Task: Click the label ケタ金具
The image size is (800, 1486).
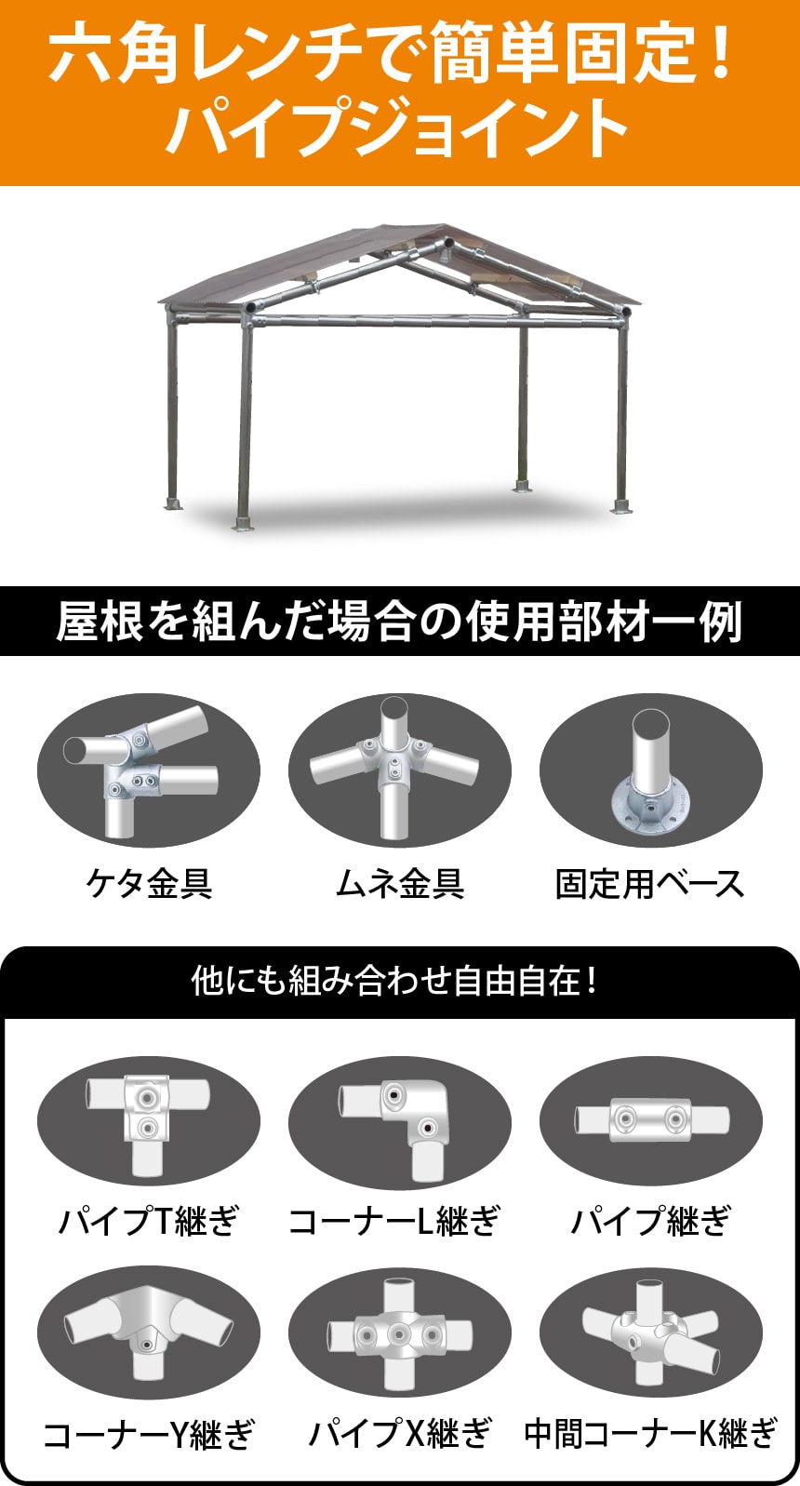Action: (149, 883)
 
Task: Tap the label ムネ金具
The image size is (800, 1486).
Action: (400, 883)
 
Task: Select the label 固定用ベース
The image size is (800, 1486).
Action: (650, 883)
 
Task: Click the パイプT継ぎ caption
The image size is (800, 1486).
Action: (149, 1220)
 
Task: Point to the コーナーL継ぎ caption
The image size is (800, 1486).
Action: (395, 1220)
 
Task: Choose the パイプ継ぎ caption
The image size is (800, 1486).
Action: (650, 1220)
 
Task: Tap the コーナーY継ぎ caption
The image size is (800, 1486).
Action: (149, 1434)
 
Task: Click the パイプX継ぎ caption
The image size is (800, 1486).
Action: (400, 1434)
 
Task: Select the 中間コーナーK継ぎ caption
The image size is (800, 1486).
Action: (650, 1434)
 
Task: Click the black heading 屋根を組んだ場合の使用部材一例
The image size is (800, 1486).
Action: (400, 622)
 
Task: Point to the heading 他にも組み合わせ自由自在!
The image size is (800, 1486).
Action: (394, 982)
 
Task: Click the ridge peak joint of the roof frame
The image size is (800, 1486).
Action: (445, 248)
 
